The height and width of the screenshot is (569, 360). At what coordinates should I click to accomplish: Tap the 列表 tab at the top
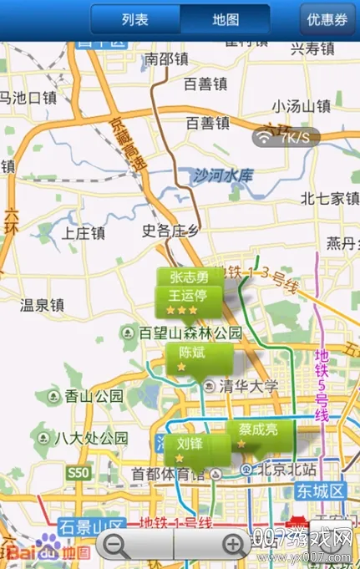coord(135,18)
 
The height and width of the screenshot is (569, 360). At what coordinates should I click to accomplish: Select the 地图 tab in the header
coord(225,18)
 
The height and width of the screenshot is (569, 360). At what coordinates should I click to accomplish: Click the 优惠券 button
coord(327,18)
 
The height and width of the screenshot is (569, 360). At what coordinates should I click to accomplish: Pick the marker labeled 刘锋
coord(190,450)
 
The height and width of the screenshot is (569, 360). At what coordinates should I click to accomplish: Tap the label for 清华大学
coord(248,386)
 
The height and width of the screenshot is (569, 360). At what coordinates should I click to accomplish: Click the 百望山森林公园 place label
coord(190,333)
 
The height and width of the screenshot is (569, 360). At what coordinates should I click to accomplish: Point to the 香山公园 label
coord(94,395)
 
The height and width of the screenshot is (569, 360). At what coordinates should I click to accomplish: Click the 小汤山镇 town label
coord(301,106)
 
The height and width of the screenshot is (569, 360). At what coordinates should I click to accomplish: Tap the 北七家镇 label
coord(329,198)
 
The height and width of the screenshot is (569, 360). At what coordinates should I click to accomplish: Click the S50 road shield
coord(78,473)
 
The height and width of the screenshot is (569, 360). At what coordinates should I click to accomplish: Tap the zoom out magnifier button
coord(117,546)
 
